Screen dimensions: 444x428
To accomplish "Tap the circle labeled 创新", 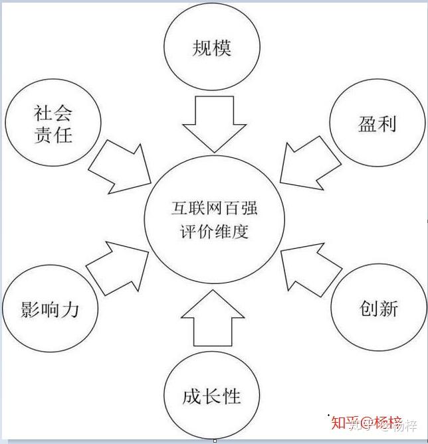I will (379, 308).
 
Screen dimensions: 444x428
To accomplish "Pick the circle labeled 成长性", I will (211, 396).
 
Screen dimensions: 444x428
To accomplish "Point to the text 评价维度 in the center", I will (213, 233).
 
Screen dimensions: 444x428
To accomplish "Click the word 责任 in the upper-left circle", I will (53, 135).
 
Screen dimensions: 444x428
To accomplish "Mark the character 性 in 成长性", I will (231, 396).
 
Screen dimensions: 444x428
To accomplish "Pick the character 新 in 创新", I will (389, 308).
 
